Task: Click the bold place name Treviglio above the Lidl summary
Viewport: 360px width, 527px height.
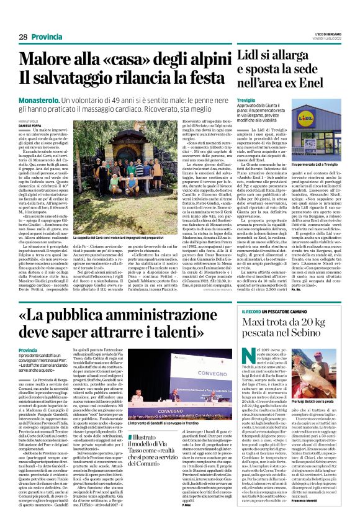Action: (248, 99)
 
